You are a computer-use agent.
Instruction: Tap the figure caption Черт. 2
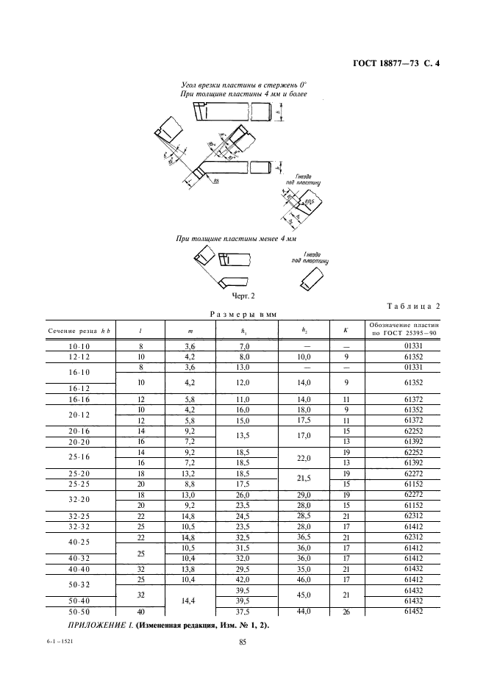point(243,296)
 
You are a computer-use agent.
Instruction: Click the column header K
point(344,331)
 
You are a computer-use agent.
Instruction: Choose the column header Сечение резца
point(73,331)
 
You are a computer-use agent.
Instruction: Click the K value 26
point(344,612)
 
